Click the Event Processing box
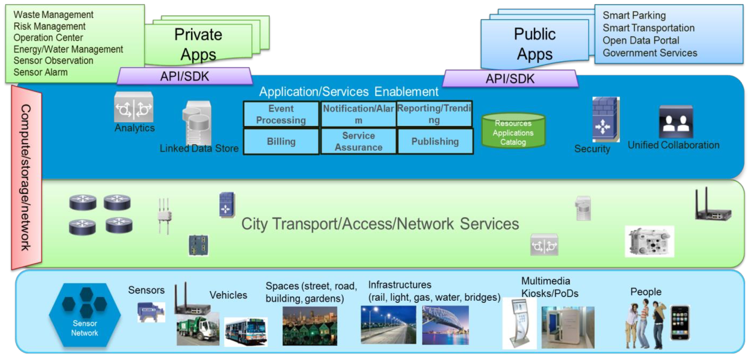pos(281,114)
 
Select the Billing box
pos(281,142)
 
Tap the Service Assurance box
pos(358,142)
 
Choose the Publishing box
pos(435,142)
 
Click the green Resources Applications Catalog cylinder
pos(513,131)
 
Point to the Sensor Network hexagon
pos(85,315)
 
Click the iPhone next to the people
pos(680,323)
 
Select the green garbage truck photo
pos(198,330)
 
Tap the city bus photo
pos(246,332)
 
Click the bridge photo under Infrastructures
pos(445,325)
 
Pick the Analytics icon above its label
pos(134,107)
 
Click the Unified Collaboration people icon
pos(676,122)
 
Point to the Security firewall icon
pos(606,120)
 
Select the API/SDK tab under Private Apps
pos(185,76)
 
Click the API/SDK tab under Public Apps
pos(510,78)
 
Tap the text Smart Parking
pos(634,15)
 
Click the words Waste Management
pos(53,15)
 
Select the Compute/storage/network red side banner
pos(26,177)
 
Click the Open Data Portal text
pos(641,40)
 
